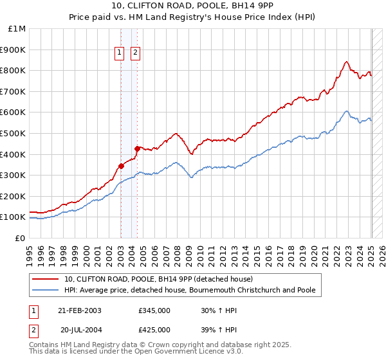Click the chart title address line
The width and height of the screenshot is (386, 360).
point(192,8)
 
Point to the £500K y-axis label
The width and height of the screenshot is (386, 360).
point(14,134)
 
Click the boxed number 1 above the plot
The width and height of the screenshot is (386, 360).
point(120,54)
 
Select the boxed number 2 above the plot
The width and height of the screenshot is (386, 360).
point(136,54)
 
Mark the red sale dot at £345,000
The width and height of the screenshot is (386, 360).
point(122,166)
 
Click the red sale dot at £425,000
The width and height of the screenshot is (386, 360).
point(137,148)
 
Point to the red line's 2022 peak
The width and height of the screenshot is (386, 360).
point(346,62)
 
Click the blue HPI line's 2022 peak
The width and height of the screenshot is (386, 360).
point(346,111)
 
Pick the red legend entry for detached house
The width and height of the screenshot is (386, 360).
point(159,280)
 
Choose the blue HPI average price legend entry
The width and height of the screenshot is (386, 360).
point(190,290)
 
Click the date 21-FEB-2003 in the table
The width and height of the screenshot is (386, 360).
point(80,310)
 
